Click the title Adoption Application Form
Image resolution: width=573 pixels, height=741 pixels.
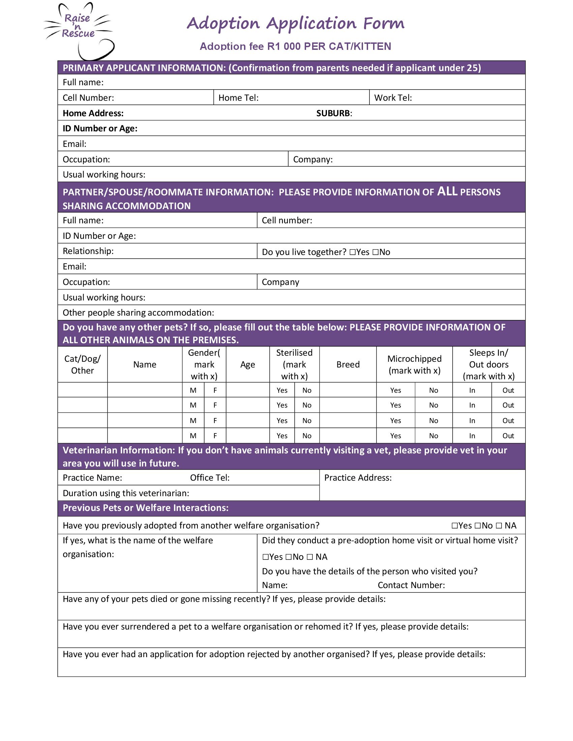coord(295,24)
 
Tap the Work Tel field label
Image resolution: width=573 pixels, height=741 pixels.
coord(393,98)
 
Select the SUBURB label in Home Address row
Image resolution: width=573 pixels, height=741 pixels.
coord(334,113)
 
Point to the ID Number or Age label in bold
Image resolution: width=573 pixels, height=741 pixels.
coord(100,129)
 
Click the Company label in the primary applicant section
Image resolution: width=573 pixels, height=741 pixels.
coord(313,159)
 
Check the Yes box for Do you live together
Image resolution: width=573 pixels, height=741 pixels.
coord(352,252)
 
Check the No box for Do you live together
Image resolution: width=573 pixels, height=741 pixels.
coord(375,252)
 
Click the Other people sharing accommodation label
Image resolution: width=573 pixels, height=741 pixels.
coord(138,313)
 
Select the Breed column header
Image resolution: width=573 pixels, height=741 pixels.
coord(348,364)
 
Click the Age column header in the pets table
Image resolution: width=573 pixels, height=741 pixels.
coord(247,364)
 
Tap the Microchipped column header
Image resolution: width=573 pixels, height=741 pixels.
coord(414,364)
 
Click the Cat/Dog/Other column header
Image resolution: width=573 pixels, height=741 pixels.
coord(83,364)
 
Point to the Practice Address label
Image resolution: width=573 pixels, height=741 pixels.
coord(358,478)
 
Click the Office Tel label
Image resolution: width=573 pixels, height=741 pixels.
coord(209,478)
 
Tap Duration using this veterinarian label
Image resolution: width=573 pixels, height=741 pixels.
coord(126,493)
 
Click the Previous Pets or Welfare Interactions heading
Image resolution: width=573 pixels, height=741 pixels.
coord(146,508)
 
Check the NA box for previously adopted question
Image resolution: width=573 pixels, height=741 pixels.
coord(499,526)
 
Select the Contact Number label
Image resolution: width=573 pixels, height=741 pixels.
coord(411,585)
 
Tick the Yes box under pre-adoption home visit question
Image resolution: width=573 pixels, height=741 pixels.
coord(266,557)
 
